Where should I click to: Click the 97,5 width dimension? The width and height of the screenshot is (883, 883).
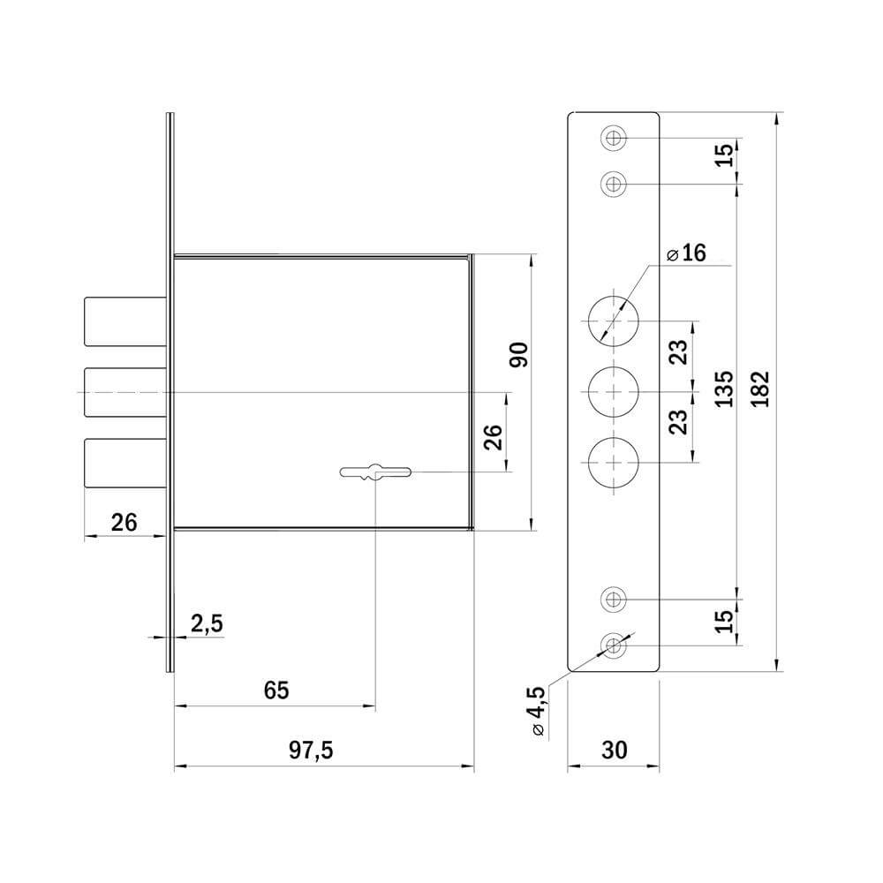click(311, 750)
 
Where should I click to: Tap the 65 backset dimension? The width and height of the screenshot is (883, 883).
click(275, 691)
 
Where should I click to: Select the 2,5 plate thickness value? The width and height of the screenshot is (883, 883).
click(207, 624)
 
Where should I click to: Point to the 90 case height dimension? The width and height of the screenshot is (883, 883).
click(518, 355)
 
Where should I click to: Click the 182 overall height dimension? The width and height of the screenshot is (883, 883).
click(759, 389)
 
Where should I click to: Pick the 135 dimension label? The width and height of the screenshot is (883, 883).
click(724, 389)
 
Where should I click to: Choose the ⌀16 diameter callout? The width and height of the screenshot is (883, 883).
click(686, 253)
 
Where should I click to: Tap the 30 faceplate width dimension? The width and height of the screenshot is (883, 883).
click(614, 750)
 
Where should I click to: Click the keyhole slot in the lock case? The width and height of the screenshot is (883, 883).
click(375, 472)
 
